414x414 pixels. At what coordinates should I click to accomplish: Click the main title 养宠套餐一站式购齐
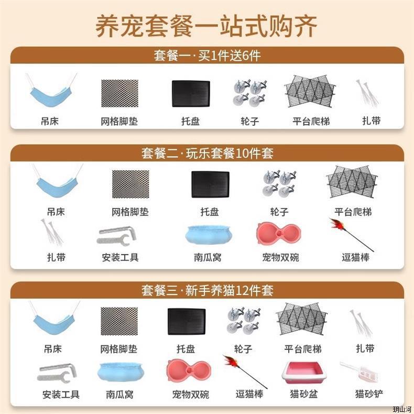pyautogui.click(x=206, y=26)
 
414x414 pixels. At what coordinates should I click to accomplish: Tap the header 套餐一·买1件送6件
pyautogui.click(x=208, y=56)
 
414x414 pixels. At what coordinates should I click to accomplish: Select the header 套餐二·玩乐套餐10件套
pyautogui.click(x=208, y=154)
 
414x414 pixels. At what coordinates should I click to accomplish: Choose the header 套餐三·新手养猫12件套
pyautogui.click(x=208, y=290)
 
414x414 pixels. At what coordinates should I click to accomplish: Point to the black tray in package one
pyautogui.click(x=191, y=94)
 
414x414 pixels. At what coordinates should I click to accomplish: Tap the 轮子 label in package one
pyautogui.click(x=249, y=121)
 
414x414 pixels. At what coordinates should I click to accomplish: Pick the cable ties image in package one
pyautogui.click(x=367, y=92)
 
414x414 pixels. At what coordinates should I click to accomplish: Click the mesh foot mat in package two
pyautogui.click(x=130, y=184)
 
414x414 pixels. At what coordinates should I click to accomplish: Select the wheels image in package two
pyautogui.click(x=279, y=183)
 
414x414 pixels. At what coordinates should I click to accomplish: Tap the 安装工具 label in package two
pyautogui.click(x=120, y=257)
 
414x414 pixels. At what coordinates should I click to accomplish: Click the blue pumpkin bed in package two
pyautogui.click(x=209, y=234)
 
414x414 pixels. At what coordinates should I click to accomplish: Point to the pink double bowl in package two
pyautogui.click(x=279, y=233)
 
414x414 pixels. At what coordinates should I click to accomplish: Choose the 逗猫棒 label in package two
pyautogui.click(x=355, y=257)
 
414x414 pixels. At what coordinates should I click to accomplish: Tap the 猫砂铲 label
pyautogui.click(x=369, y=394)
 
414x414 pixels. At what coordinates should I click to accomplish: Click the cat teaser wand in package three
pyautogui.click(x=245, y=372)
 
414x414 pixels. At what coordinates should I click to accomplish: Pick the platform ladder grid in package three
pyautogui.click(x=301, y=320)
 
